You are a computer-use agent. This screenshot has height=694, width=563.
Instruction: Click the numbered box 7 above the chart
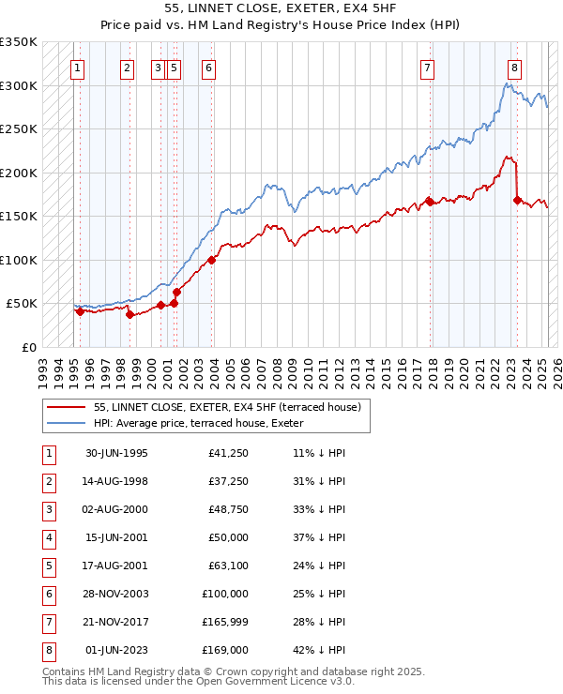(x=427, y=68)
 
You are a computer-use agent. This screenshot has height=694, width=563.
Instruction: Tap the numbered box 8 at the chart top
(x=515, y=68)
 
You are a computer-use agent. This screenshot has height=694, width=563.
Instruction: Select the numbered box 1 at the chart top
(x=76, y=68)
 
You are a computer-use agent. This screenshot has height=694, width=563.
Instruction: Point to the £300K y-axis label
(x=19, y=85)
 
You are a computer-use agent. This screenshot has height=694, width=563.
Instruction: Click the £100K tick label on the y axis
(x=19, y=260)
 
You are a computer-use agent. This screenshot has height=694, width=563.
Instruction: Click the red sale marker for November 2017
(x=429, y=201)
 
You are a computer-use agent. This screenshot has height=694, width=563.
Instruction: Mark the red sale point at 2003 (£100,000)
(x=211, y=260)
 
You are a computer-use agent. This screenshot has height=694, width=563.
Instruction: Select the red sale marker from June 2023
(x=517, y=200)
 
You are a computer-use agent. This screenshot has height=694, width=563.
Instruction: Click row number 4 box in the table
(x=47, y=539)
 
